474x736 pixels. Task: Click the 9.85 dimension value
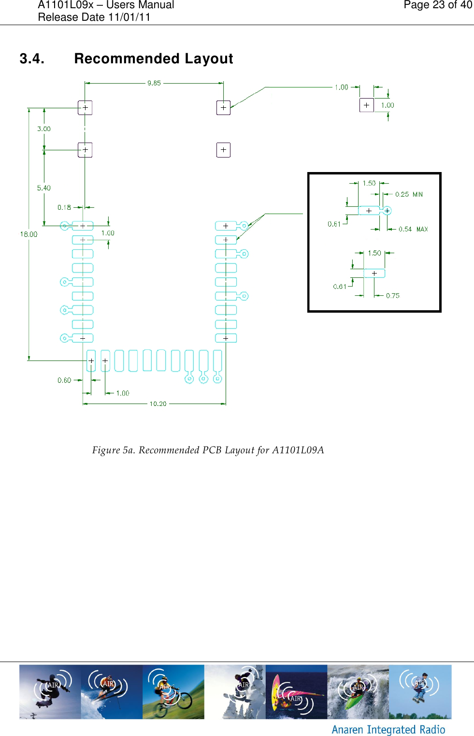(x=154, y=83)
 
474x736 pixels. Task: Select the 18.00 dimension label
(x=29, y=234)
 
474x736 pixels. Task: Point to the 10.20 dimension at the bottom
(x=158, y=404)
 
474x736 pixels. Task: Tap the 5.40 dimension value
(x=44, y=188)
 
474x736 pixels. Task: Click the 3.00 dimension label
(x=44, y=129)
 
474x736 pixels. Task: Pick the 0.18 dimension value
(x=64, y=207)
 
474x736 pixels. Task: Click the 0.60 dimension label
(x=64, y=380)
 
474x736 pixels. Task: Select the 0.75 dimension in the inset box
(x=393, y=296)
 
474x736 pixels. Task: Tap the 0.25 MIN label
(x=409, y=194)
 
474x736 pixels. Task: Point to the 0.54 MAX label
(x=413, y=229)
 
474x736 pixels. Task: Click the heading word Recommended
(x=127, y=58)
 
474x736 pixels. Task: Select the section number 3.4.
(x=32, y=58)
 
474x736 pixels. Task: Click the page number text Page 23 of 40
(x=438, y=5)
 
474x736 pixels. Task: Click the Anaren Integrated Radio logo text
(x=388, y=729)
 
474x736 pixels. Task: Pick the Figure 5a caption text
(x=208, y=450)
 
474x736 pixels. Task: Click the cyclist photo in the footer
(x=173, y=692)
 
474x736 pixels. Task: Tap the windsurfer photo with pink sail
(x=296, y=692)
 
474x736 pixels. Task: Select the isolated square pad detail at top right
(x=367, y=105)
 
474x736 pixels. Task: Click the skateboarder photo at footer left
(x=50, y=692)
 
